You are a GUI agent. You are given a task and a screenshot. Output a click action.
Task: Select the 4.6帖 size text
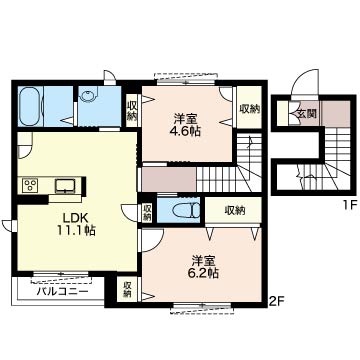click(x=184, y=130)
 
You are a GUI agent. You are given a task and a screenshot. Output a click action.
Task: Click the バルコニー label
click(x=61, y=292)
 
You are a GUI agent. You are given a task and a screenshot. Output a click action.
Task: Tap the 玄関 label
click(x=305, y=114)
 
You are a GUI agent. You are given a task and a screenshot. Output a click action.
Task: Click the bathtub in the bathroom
click(x=29, y=107)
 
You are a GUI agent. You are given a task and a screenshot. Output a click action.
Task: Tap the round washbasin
click(x=88, y=97)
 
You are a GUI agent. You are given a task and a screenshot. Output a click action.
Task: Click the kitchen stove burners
click(x=30, y=185)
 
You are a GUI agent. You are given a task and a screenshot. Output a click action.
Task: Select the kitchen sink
click(x=66, y=184)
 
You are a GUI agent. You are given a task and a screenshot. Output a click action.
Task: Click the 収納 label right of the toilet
click(x=235, y=210)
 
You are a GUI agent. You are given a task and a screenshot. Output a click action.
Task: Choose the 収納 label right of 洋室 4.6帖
click(x=248, y=108)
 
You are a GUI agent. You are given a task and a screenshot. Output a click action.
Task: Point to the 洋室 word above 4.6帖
click(x=184, y=116)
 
